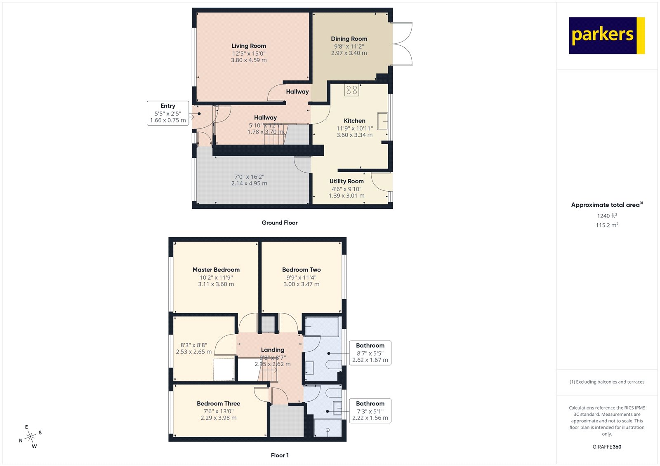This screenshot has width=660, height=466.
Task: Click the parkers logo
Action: coord(606,35)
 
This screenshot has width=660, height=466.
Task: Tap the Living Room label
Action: coord(249,46)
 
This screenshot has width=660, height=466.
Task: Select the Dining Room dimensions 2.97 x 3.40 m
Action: coord(349,53)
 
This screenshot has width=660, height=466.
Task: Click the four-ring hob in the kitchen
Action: coord(352,90)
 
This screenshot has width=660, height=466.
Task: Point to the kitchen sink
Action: coord(382,121)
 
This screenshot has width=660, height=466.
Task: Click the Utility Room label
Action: coord(346,181)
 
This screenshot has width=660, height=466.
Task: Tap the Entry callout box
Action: coord(168,113)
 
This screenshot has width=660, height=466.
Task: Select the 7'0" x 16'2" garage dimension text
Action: coord(249,177)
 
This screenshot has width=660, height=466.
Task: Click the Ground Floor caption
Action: coord(280,222)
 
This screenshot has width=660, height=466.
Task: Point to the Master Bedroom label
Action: coord(216,270)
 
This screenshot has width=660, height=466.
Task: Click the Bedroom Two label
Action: coord(302,270)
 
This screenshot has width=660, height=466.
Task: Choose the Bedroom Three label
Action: coord(219,404)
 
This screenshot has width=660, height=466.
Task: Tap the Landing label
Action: coord(273,350)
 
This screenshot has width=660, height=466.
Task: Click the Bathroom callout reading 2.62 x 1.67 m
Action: coord(370,353)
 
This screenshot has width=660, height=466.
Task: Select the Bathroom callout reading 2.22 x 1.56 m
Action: coord(370,411)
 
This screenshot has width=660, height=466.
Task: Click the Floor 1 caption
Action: coord(280,455)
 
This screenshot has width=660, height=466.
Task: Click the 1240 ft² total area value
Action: coord(607,216)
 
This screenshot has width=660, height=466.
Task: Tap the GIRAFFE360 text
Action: coord(607,447)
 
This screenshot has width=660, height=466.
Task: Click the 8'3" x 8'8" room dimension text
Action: coord(194,345)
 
